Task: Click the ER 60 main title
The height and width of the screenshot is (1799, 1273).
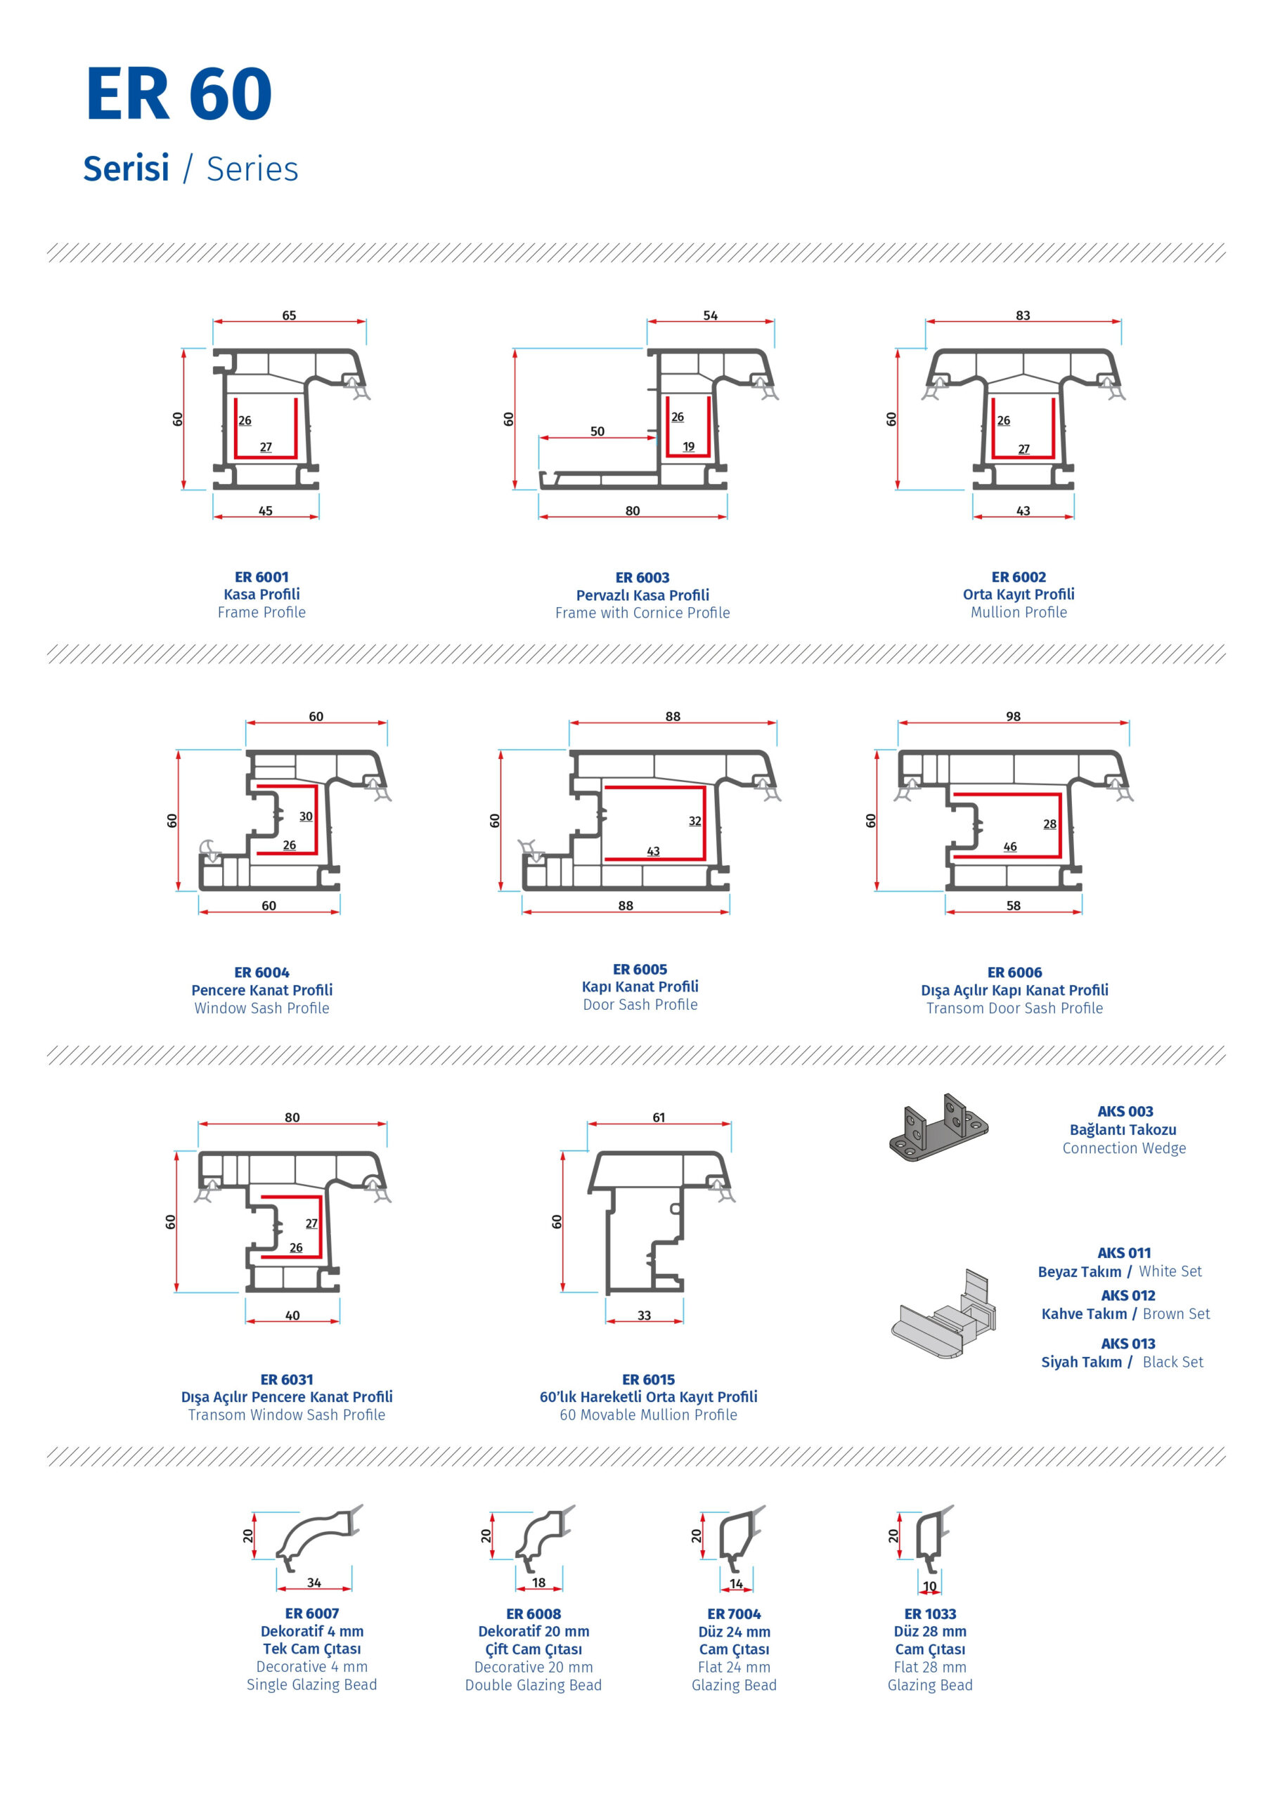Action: [179, 93]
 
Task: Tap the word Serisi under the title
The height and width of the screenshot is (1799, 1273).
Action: [127, 169]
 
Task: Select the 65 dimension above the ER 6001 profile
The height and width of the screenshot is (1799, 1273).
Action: [289, 315]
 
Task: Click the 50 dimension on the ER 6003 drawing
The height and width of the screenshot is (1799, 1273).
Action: [597, 431]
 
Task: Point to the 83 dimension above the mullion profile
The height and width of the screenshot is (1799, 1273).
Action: [1023, 315]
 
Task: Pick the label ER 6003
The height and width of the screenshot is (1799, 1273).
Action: [642, 578]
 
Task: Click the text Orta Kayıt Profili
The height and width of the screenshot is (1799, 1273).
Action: [1019, 594]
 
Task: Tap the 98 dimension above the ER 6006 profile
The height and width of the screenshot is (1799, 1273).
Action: [1014, 716]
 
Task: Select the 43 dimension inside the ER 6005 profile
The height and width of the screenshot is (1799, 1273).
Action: [654, 851]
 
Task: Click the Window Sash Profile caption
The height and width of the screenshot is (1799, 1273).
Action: [261, 1008]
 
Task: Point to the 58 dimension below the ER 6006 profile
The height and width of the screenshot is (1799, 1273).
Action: [1014, 906]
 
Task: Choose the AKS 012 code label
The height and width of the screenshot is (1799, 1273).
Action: [1128, 1295]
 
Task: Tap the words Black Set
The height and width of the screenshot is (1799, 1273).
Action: [1172, 1362]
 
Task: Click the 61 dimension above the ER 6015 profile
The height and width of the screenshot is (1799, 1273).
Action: [659, 1117]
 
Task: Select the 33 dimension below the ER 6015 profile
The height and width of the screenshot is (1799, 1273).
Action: [645, 1316]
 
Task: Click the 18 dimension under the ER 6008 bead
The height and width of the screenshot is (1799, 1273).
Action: [538, 1583]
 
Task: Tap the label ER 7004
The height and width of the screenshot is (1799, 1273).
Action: [734, 1614]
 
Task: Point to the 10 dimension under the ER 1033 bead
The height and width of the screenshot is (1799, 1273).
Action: [930, 1586]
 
